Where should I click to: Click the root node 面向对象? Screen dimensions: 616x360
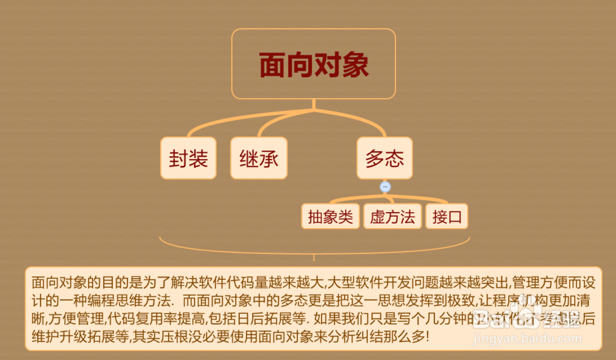pyautogui.click(x=314, y=64)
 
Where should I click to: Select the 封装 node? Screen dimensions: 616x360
pyautogui.click(x=188, y=158)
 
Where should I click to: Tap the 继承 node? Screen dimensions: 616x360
pyautogui.click(x=259, y=158)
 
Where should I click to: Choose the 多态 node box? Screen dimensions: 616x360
pyautogui.click(x=384, y=158)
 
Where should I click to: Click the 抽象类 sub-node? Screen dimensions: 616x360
pyautogui.click(x=330, y=216)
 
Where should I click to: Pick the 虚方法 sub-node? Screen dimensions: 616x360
pyautogui.click(x=392, y=216)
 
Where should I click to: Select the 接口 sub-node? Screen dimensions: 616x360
pyautogui.click(x=447, y=216)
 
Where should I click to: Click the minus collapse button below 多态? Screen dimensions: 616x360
pyautogui.click(x=386, y=186)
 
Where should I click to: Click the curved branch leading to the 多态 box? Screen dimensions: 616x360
pyautogui.click(x=363, y=121)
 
